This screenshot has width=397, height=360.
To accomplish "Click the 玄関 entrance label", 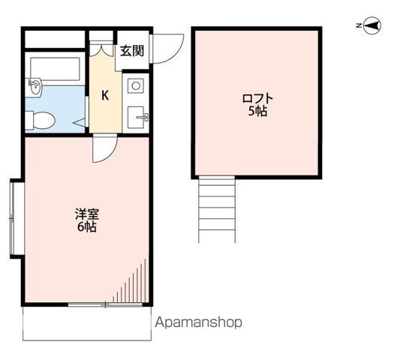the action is [x=132, y=51].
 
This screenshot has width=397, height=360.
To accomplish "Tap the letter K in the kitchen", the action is [x=105, y=96].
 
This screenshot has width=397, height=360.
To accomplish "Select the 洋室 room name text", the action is [x=86, y=214].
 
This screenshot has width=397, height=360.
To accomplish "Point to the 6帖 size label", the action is [x=86, y=226].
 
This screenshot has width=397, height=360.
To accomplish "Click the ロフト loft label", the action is [x=257, y=98].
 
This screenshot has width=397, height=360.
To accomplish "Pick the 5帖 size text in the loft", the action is [x=257, y=111].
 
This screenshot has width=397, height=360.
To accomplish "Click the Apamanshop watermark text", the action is [x=198, y=322].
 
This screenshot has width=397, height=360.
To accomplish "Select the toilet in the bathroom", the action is [x=40, y=121].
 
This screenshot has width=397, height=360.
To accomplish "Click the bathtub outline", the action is [x=55, y=69].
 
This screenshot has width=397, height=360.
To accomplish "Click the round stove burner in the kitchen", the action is [x=136, y=86].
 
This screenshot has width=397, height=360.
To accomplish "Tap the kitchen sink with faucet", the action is [x=137, y=118].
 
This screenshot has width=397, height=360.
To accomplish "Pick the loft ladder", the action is [x=217, y=210].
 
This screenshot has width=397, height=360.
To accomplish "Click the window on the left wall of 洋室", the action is [x=12, y=218].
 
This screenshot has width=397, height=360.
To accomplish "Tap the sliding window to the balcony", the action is [x=105, y=304].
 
